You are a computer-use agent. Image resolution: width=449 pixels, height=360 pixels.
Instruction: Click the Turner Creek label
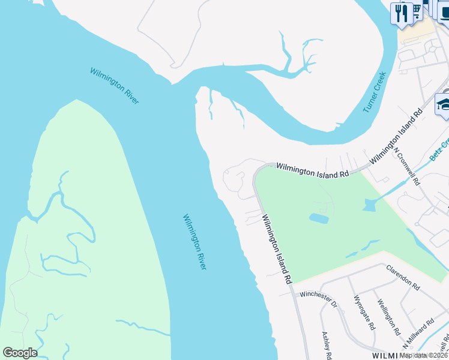tap(375, 92)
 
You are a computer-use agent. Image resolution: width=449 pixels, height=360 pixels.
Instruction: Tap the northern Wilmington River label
tap(114, 86)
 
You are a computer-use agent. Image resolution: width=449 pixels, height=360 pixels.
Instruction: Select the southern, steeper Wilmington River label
tap(194, 241)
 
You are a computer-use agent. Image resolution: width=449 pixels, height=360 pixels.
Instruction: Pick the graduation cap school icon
tap(444, 104)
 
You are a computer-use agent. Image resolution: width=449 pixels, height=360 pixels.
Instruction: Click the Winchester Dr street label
tap(319, 295)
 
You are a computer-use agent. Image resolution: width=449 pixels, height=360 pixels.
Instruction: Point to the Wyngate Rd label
tap(364, 313)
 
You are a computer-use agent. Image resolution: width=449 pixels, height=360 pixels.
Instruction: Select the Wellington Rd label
tap(388, 317)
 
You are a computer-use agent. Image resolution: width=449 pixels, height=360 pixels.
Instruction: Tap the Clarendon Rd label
tap(402, 277)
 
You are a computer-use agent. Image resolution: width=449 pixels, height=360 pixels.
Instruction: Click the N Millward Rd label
tap(418, 334)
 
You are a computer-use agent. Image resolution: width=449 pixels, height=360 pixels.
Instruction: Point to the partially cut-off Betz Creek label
tap(439, 151)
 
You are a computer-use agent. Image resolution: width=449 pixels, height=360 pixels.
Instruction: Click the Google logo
tap(20, 353)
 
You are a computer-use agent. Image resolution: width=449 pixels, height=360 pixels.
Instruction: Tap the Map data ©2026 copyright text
tap(423, 355)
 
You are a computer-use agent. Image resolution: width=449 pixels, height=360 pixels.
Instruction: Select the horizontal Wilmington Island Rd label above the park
tap(312, 172)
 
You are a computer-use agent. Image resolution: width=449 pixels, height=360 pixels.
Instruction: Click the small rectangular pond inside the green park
tap(319, 218)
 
